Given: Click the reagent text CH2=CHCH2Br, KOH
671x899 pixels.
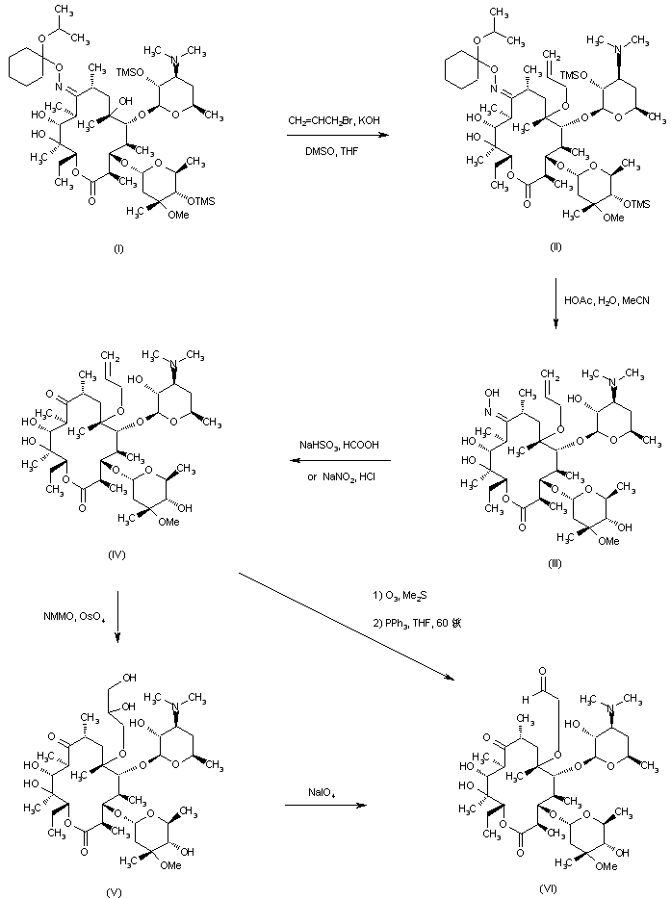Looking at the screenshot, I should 334,122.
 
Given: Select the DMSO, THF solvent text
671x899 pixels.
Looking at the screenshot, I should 334,152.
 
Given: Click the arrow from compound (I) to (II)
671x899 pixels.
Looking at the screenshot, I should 334,137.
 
